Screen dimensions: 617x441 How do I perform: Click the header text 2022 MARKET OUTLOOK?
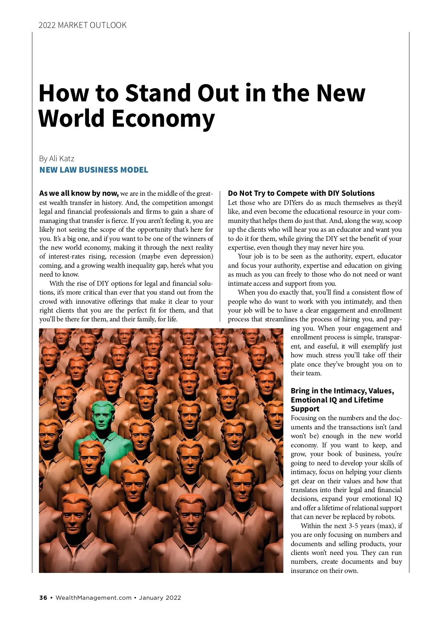click(82, 25)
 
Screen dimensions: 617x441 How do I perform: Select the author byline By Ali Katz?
click(57, 159)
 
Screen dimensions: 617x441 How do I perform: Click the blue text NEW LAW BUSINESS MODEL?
click(94, 170)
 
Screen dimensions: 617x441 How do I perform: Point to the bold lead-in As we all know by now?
click(79, 194)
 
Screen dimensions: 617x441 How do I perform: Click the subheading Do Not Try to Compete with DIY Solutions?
click(301, 193)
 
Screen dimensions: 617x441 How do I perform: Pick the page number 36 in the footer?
click(43, 598)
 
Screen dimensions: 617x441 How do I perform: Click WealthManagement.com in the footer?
click(93, 598)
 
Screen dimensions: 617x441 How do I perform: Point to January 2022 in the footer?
click(161, 598)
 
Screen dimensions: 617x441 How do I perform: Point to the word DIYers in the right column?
click(294, 203)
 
